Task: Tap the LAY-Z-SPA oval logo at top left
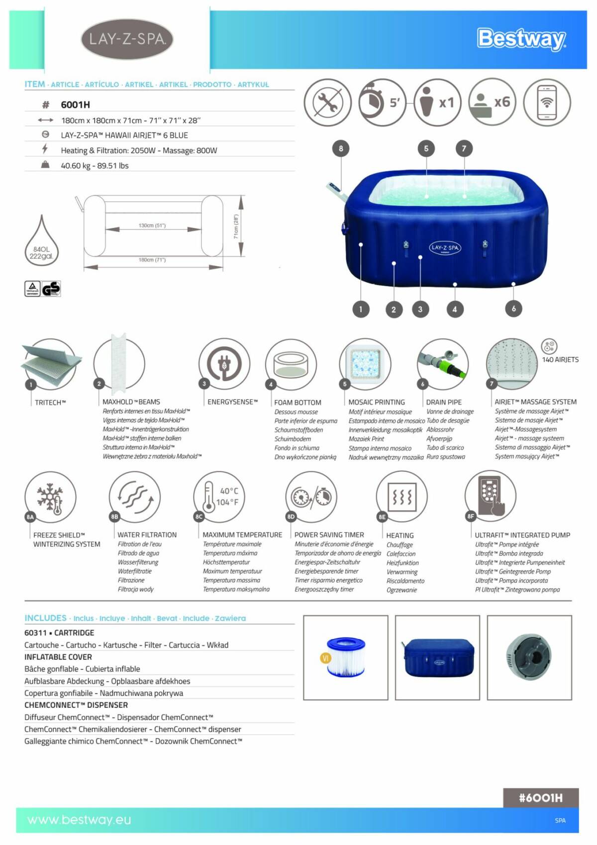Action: pyautogui.click(x=127, y=39)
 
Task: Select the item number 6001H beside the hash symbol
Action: pyautogui.click(x=75, y=105)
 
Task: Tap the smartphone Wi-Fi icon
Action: pyautogui.click(x=546, y=103)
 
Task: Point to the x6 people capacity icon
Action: pyautogui.click(x=492, y=103)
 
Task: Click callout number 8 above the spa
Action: pyautogui.click(x=341, y=148)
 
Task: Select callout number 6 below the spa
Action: pyautogui.click(x=513, y=309)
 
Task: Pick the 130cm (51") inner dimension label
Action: pyautogui.click(x=152, y=225)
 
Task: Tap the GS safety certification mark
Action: pyautogui.click(x=51, y=289)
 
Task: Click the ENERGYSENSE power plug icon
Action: pyautogui.click(x=224, y=364)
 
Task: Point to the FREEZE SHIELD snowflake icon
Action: pyautogui.click(x=50, y=497)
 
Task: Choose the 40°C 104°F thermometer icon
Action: pyautogui.click(x=219, y=496)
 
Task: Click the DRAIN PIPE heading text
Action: pyautogui.click(x=443, y=402)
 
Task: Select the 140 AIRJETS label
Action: pyautogui.click(x=560, y=359)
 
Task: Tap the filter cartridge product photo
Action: pyautogui.click(x=346, y=657)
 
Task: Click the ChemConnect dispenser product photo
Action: pyautogui.click(x=529, y=657)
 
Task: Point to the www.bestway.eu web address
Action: pyautogui.click(x=79, y=820)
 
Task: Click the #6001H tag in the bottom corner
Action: pyautogui.click(x=540, y=798)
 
